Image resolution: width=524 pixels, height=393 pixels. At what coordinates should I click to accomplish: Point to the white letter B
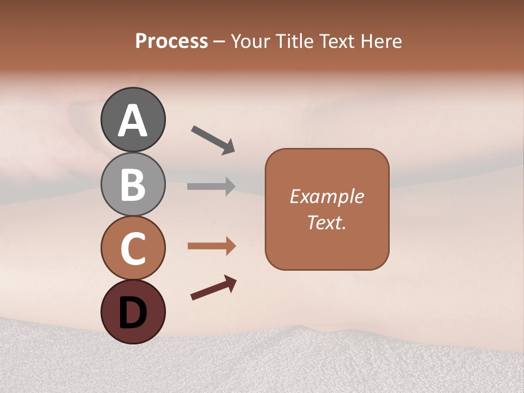coord(133,184)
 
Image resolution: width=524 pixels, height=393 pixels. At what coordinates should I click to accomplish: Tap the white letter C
coord(133,248)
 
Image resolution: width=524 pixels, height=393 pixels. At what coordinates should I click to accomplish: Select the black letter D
coord(133,313)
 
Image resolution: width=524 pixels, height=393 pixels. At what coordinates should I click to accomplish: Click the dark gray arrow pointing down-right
coord(213,140)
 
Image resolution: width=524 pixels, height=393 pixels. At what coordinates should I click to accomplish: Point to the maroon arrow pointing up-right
coord(213,288)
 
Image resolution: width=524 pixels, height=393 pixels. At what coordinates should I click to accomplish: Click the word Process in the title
coord(171,41)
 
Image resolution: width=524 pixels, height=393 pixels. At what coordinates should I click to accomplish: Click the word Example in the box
coord(326,196)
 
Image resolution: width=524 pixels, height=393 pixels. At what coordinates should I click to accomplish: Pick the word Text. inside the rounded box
coord(326,222)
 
